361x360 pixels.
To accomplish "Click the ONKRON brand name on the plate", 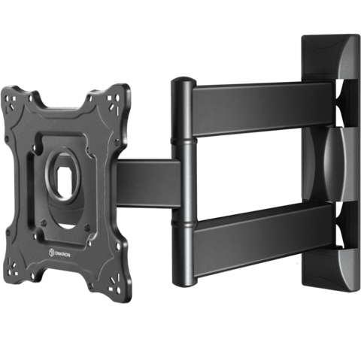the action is pyautogui.click(x=62, y=255).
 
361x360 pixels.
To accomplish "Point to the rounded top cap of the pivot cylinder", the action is pyautogui.click(x=184, y=80).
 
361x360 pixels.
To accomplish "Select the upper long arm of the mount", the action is pyautogui.click(x=263, y=109).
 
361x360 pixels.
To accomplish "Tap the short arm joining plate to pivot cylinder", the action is pyautogui.click(x=148, y=183).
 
